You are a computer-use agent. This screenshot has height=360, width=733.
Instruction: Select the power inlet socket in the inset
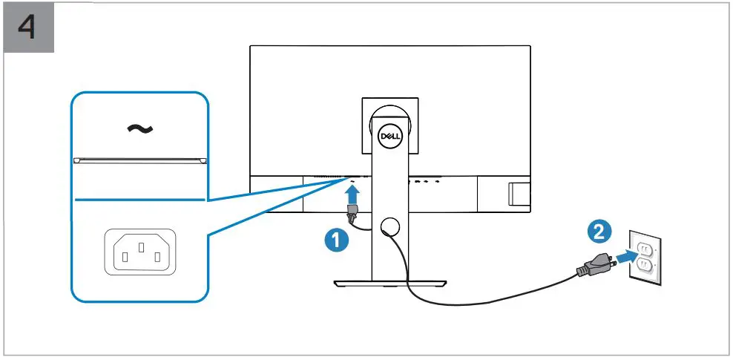[x=140, y=253]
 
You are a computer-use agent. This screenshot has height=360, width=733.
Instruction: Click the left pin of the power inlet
[x=125, y=258]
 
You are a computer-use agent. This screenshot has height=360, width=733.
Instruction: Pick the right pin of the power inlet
[x=157, y=258]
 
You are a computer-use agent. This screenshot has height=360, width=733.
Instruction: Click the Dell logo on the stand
[x=389, y=137]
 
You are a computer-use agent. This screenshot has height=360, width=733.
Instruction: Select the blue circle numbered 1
[x=338, y=241]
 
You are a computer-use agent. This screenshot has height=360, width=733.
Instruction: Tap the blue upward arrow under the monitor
[x=353, y=194]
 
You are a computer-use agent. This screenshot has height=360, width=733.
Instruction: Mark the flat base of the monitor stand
[x=389, y=283]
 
